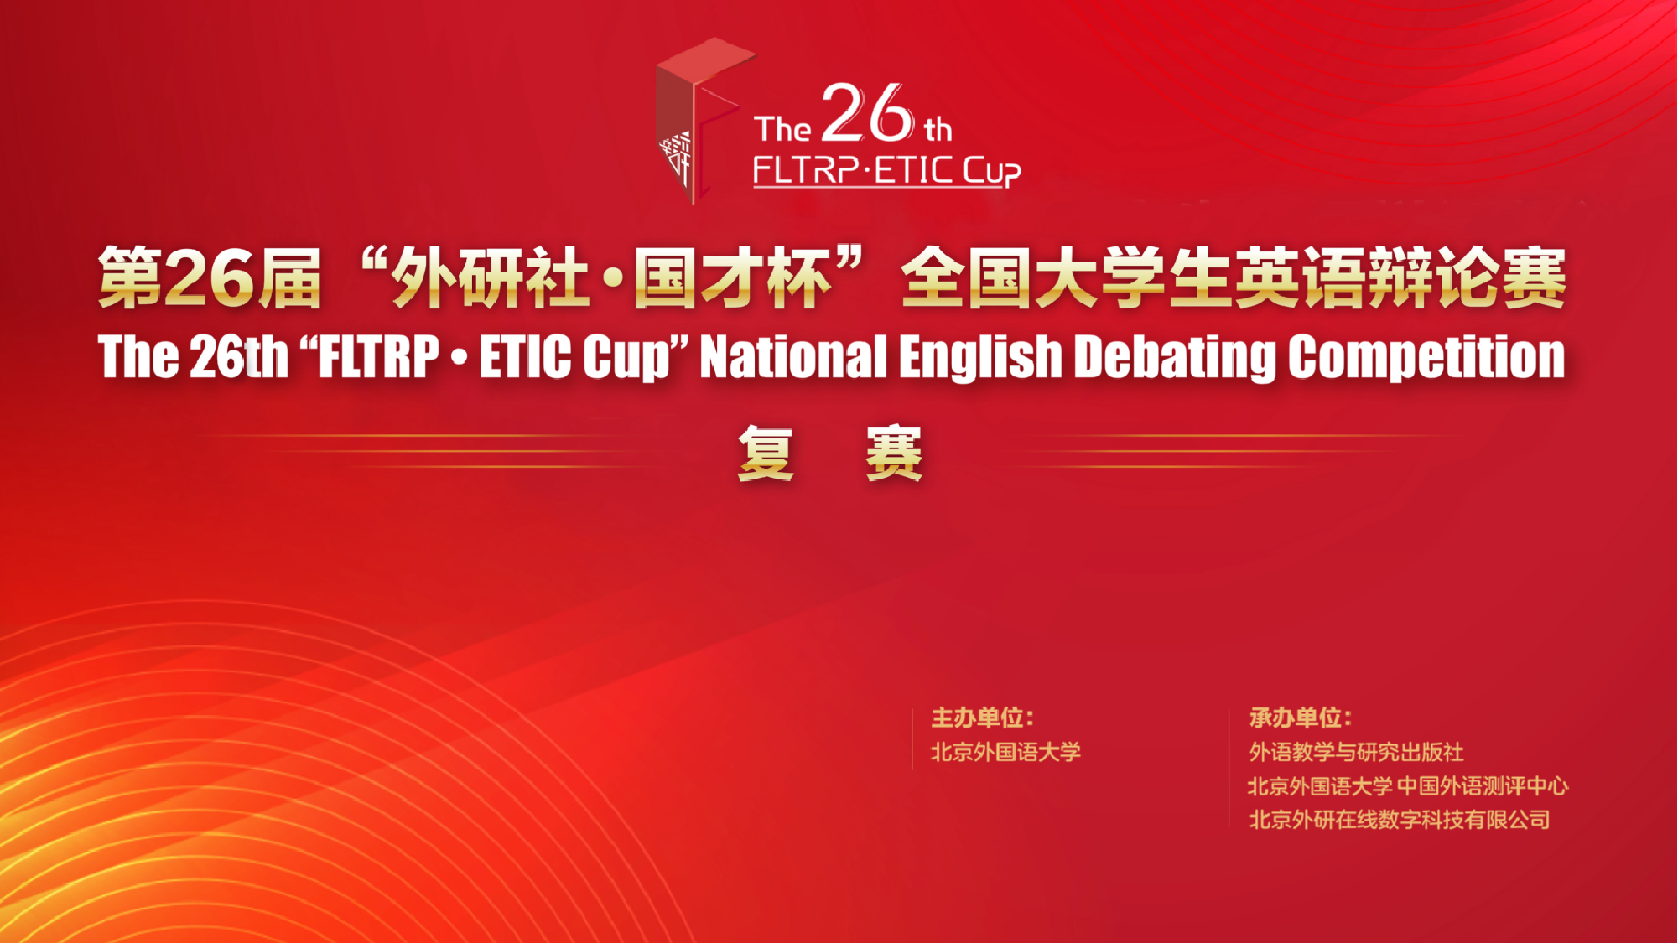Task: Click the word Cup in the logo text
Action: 991,171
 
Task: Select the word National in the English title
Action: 793,356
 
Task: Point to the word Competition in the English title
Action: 1426,358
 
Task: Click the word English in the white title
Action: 980,358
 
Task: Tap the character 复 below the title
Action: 766,453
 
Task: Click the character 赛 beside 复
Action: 894,453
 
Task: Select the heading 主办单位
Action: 982,718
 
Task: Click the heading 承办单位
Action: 1300,718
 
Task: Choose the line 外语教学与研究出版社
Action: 1356,752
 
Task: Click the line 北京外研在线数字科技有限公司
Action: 1400,819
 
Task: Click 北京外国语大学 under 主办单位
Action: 1005,752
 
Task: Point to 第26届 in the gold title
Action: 210,278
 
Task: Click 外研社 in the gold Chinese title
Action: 491,278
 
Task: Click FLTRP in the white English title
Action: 379,356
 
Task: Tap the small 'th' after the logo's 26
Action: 938,129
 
